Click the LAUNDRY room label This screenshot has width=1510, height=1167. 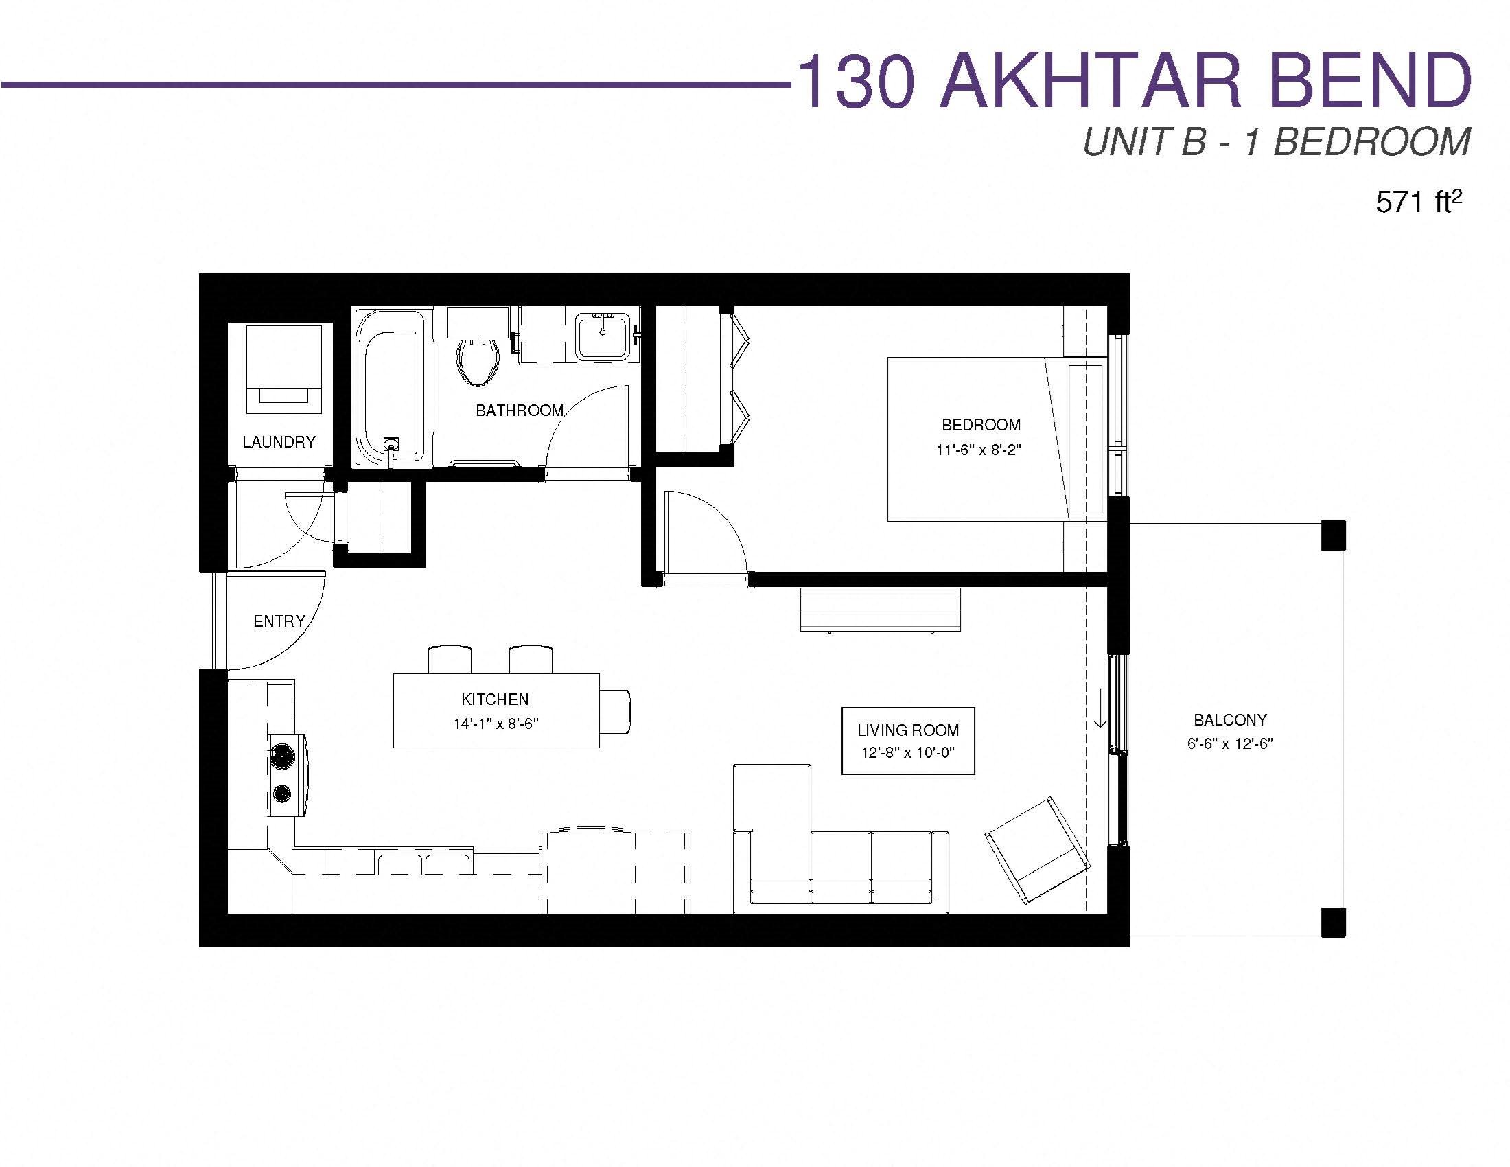click(279, 442)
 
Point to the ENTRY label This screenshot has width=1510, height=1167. click(279, 621)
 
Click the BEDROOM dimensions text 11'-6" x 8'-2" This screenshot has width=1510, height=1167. click(978, 450)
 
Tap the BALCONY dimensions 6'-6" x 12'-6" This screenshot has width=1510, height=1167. click(1230, 744)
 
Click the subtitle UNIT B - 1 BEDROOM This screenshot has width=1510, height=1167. click(1277, 142)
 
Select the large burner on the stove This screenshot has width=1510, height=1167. click(282, 755)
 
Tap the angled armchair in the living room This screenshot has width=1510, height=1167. click(1037, 851)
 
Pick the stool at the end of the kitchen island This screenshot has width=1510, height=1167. click(616, 711)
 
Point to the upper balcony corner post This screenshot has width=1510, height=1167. click(1333, 535)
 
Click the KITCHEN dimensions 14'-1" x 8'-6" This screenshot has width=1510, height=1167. click(496, 724)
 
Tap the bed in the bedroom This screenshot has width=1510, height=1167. click(996, 439)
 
